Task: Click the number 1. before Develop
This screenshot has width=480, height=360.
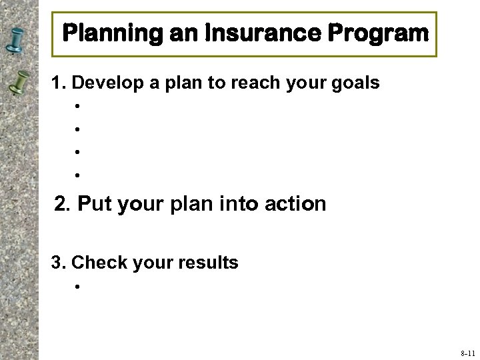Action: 59,83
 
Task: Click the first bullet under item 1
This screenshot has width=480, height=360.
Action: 78,106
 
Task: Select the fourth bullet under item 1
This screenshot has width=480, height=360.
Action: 78,175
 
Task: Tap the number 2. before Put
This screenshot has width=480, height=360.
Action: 63,203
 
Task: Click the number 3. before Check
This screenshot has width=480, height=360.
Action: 59,263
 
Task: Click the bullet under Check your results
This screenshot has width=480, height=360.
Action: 78,287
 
